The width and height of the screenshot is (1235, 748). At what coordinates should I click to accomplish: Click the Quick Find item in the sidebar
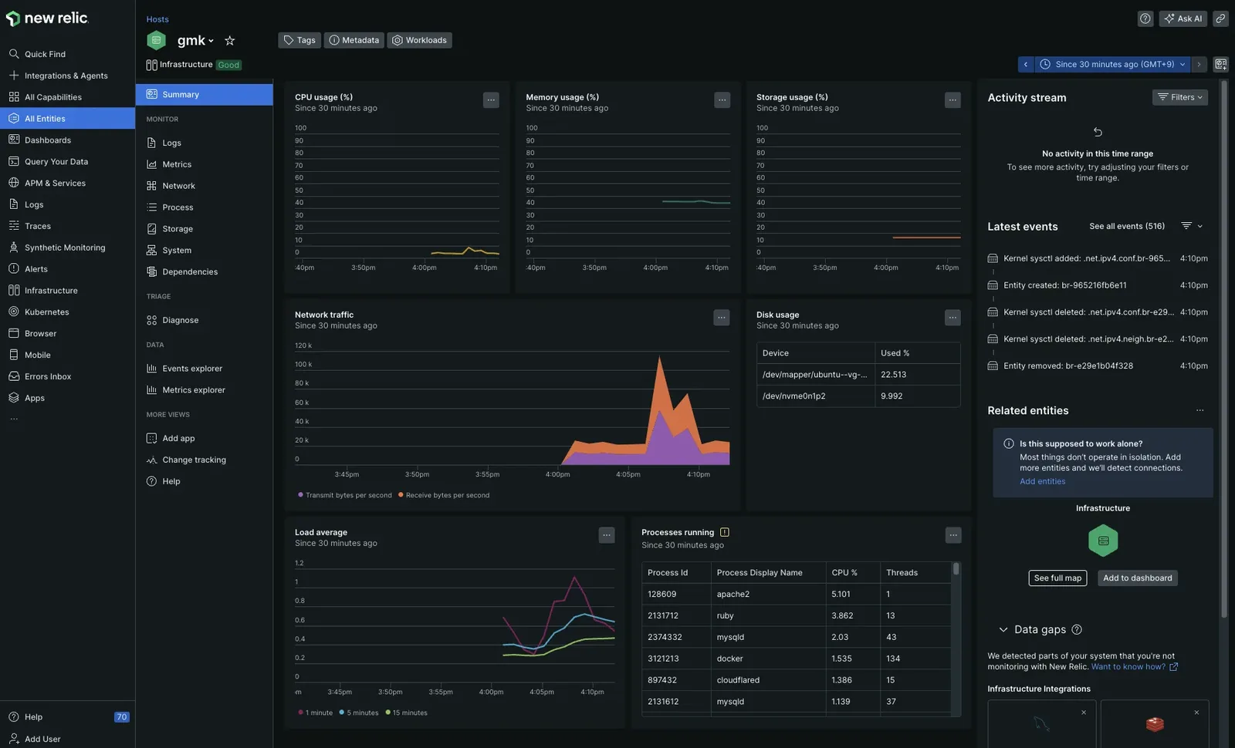click(45, 54)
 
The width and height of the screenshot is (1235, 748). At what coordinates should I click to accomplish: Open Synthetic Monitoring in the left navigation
click(65, 248)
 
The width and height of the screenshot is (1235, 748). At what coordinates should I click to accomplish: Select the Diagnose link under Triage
click(180, 320)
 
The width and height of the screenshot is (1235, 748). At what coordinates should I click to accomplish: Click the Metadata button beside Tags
click(354, 40)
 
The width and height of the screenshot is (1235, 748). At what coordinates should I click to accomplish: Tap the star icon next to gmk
click(229, 40)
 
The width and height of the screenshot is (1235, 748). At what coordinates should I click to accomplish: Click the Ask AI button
click(1183, 19)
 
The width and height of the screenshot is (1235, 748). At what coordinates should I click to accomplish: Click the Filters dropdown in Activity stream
click(1179, 97)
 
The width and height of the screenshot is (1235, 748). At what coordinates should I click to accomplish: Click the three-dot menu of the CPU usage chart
click(491, 100)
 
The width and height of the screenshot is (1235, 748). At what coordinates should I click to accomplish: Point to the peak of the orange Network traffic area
click(659, 356)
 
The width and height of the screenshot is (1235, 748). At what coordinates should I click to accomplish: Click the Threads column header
click(902, 573)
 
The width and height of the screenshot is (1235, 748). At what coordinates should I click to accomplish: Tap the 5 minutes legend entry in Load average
click(358, 713)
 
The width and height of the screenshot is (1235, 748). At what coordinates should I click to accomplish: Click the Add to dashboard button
click(1137, 578)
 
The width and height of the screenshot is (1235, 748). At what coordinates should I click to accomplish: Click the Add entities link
click(1042, 481)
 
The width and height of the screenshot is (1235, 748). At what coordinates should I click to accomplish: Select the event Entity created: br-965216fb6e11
click(1064, 285)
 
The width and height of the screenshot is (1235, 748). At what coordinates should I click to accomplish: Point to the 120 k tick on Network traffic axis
click(303, 346)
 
